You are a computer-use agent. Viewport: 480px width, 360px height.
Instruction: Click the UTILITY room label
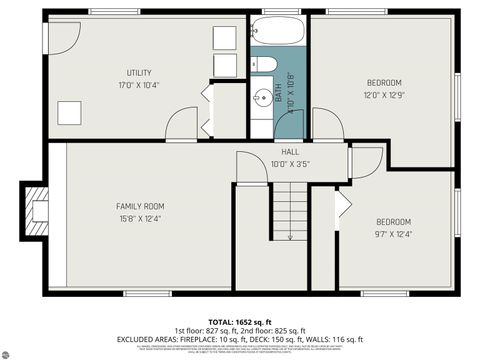coord(139,72)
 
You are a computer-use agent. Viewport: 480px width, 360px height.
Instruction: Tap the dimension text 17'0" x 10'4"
coord(139,85)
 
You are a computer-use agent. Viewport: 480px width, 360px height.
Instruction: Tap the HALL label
coord(290,151)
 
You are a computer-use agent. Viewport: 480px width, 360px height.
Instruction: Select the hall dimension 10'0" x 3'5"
coord(290,163)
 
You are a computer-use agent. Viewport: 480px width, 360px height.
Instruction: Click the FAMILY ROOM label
coord(139,206)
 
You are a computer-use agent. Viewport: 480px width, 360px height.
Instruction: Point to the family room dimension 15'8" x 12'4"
coord(139,218)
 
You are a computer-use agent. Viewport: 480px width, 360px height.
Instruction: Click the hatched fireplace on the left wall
coord(37,211)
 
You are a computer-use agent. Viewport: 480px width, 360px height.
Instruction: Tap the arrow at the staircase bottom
coord(289,236)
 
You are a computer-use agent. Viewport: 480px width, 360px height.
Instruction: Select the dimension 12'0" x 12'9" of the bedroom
coord(384,95)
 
